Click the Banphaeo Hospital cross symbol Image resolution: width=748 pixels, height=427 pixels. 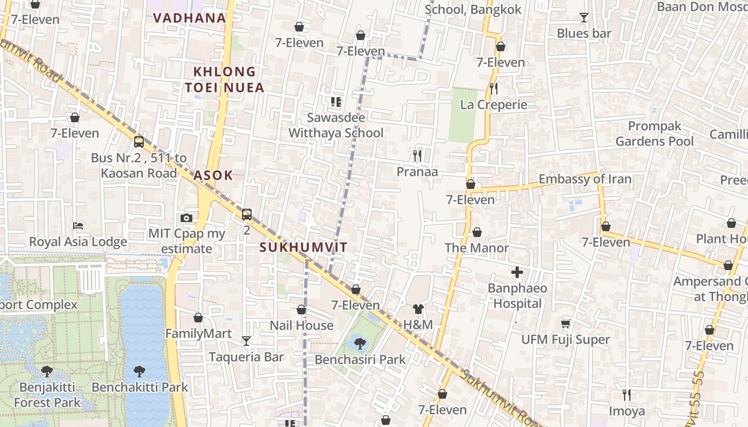517,273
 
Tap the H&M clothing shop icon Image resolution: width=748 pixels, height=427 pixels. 418,309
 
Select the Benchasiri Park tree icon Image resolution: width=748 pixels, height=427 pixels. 360,343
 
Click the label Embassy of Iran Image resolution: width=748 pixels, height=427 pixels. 585,179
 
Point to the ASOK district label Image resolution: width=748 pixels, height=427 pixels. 213,175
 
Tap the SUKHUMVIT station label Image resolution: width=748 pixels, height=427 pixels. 303,247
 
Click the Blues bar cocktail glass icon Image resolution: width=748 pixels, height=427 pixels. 583,18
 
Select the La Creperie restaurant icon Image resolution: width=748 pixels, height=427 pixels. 494,88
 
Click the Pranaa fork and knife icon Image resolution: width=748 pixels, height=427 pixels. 417,155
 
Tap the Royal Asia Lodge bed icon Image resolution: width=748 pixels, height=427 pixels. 78,225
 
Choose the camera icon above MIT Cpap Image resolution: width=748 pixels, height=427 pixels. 186,218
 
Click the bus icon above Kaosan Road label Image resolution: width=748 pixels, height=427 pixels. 139,141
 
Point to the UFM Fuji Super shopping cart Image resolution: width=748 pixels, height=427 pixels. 565,323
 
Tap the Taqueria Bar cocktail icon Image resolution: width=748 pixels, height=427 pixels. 246,341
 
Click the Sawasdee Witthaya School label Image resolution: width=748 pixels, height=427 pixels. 336,125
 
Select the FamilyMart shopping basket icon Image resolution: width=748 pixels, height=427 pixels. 198,318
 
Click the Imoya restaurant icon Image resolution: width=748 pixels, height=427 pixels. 627,394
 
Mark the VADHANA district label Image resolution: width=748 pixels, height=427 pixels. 190,18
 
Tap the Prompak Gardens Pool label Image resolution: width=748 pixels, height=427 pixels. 654,133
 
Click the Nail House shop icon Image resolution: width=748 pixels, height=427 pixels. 301,310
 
